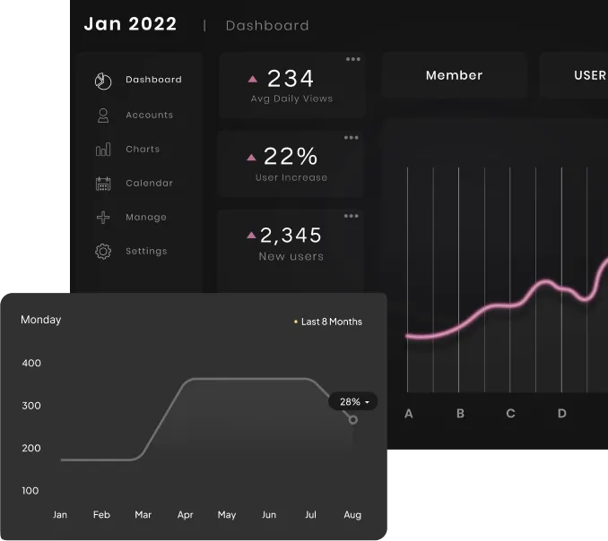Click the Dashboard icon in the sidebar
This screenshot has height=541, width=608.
[x=103, y=81]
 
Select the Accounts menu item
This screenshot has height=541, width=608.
[x=149, y=115]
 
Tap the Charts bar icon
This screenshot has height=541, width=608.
[x=103, y=150]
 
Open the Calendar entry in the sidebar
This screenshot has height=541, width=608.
[x=149, y=183]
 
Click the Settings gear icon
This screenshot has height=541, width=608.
[x=103, y=252]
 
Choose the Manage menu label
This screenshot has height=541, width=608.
[x=146, y=217]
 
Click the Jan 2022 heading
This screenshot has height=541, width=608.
[x=130, y=24]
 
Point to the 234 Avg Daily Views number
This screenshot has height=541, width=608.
[x=291, y=79]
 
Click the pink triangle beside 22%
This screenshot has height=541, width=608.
[x=252, y=157]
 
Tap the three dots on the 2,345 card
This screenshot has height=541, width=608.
[x=352, y=216]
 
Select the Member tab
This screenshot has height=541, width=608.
[x=454, y=75]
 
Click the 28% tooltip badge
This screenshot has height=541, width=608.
[x=352, y=402]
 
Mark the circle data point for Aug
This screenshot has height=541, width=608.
[x=353, y=419]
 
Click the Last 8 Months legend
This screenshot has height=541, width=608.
[x=331, y=322]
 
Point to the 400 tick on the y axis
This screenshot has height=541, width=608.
[x=31, y=363]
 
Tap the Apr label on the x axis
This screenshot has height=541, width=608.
[x=185, y=515]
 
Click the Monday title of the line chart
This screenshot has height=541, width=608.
[x=41, y=320]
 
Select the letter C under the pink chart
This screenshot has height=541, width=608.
[x=510, y=414]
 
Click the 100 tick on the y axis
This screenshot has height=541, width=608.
[x=31, y=490]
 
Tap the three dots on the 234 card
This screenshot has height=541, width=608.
[x=353, y=59]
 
